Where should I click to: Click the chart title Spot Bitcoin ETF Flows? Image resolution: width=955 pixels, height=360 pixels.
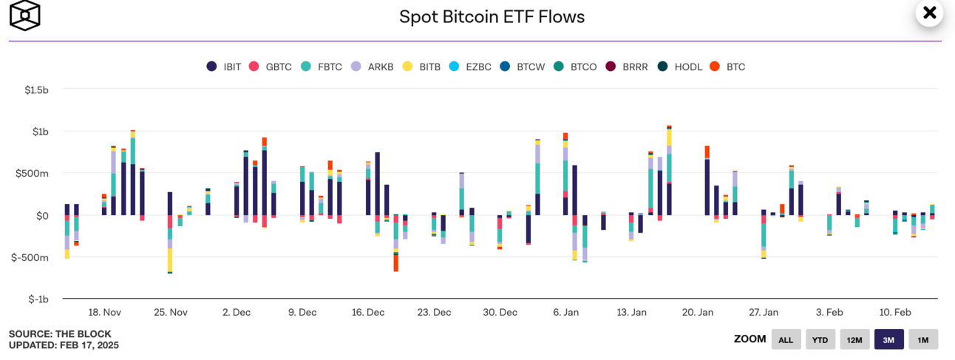492,16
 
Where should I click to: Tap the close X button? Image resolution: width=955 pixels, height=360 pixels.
929,13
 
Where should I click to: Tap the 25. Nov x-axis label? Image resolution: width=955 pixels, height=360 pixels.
170,313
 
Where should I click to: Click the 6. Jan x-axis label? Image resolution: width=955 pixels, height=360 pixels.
565,313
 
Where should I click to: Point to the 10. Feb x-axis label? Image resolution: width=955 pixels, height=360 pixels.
894,313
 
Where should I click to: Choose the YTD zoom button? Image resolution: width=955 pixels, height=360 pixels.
820,339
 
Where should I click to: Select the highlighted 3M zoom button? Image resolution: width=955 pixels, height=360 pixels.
888,339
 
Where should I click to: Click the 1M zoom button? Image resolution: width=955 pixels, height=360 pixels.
922,339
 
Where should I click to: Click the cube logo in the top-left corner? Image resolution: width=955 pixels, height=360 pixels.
25,16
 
